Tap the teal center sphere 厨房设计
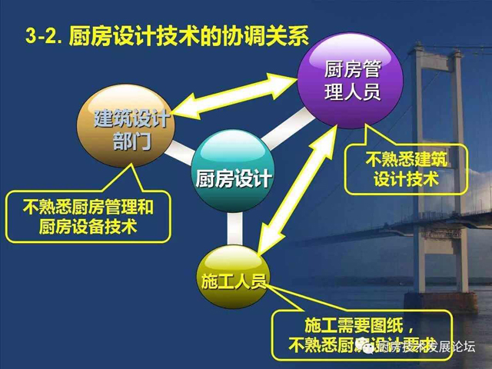tap(231, 176)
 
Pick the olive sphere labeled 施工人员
tap(231, 278)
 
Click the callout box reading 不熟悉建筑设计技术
tap(407, 169)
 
